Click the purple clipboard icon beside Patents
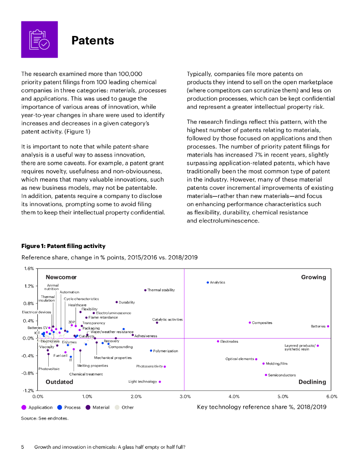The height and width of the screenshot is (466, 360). pos(39,39)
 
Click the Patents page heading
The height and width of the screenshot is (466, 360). pos(92,41)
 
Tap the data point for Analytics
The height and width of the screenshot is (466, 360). pos(208,283)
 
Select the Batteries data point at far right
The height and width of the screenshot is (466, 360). pos(328,326)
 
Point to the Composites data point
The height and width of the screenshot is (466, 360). pos(250,323)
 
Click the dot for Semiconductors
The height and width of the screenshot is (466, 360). pos(266,375)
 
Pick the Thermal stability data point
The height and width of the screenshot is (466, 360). pos(145,290)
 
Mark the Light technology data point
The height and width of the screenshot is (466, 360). pos(160,382)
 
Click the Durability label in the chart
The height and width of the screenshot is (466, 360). pos(127,302)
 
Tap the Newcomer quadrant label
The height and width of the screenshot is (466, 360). pos(61,277)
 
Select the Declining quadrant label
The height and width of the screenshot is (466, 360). pos(312,382)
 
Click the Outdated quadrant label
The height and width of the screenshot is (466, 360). pos(59,382)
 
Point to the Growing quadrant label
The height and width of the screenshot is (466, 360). pos(314,277)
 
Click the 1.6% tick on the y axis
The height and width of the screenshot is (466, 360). pos(29,268)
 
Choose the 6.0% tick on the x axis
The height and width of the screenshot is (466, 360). pos(331,396)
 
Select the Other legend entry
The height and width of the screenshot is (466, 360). pos(127,407)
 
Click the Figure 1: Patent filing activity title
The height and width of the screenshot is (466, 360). pos(63,246)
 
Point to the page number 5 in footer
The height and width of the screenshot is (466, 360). pos(23,447)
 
